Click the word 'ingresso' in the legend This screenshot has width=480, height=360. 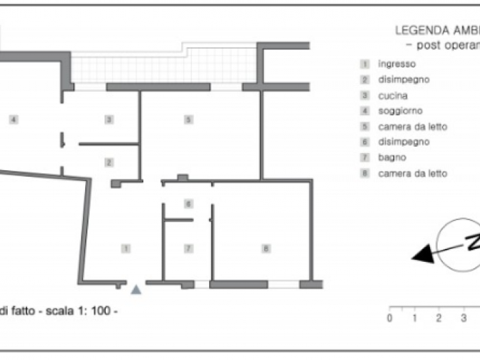click(396, 64)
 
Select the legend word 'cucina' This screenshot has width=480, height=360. click(393, 95)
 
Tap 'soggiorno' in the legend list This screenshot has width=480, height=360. click(400, 111)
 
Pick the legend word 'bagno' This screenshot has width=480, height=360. click(392, 158)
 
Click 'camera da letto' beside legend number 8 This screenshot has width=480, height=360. click(412, 173)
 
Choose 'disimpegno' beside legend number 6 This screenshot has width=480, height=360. click(403, 142)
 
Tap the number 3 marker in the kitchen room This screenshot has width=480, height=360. click(108, 119)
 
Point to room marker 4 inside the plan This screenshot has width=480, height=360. click(12, 119)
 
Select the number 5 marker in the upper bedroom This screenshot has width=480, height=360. click(188, 119)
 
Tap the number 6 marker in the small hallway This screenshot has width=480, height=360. click(188, 204)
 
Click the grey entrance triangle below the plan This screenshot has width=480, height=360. click(136, 290)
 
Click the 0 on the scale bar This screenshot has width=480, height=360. click(389, 317)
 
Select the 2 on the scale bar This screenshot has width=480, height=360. click(438, 317)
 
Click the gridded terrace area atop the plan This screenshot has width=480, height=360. click(165, 67)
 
